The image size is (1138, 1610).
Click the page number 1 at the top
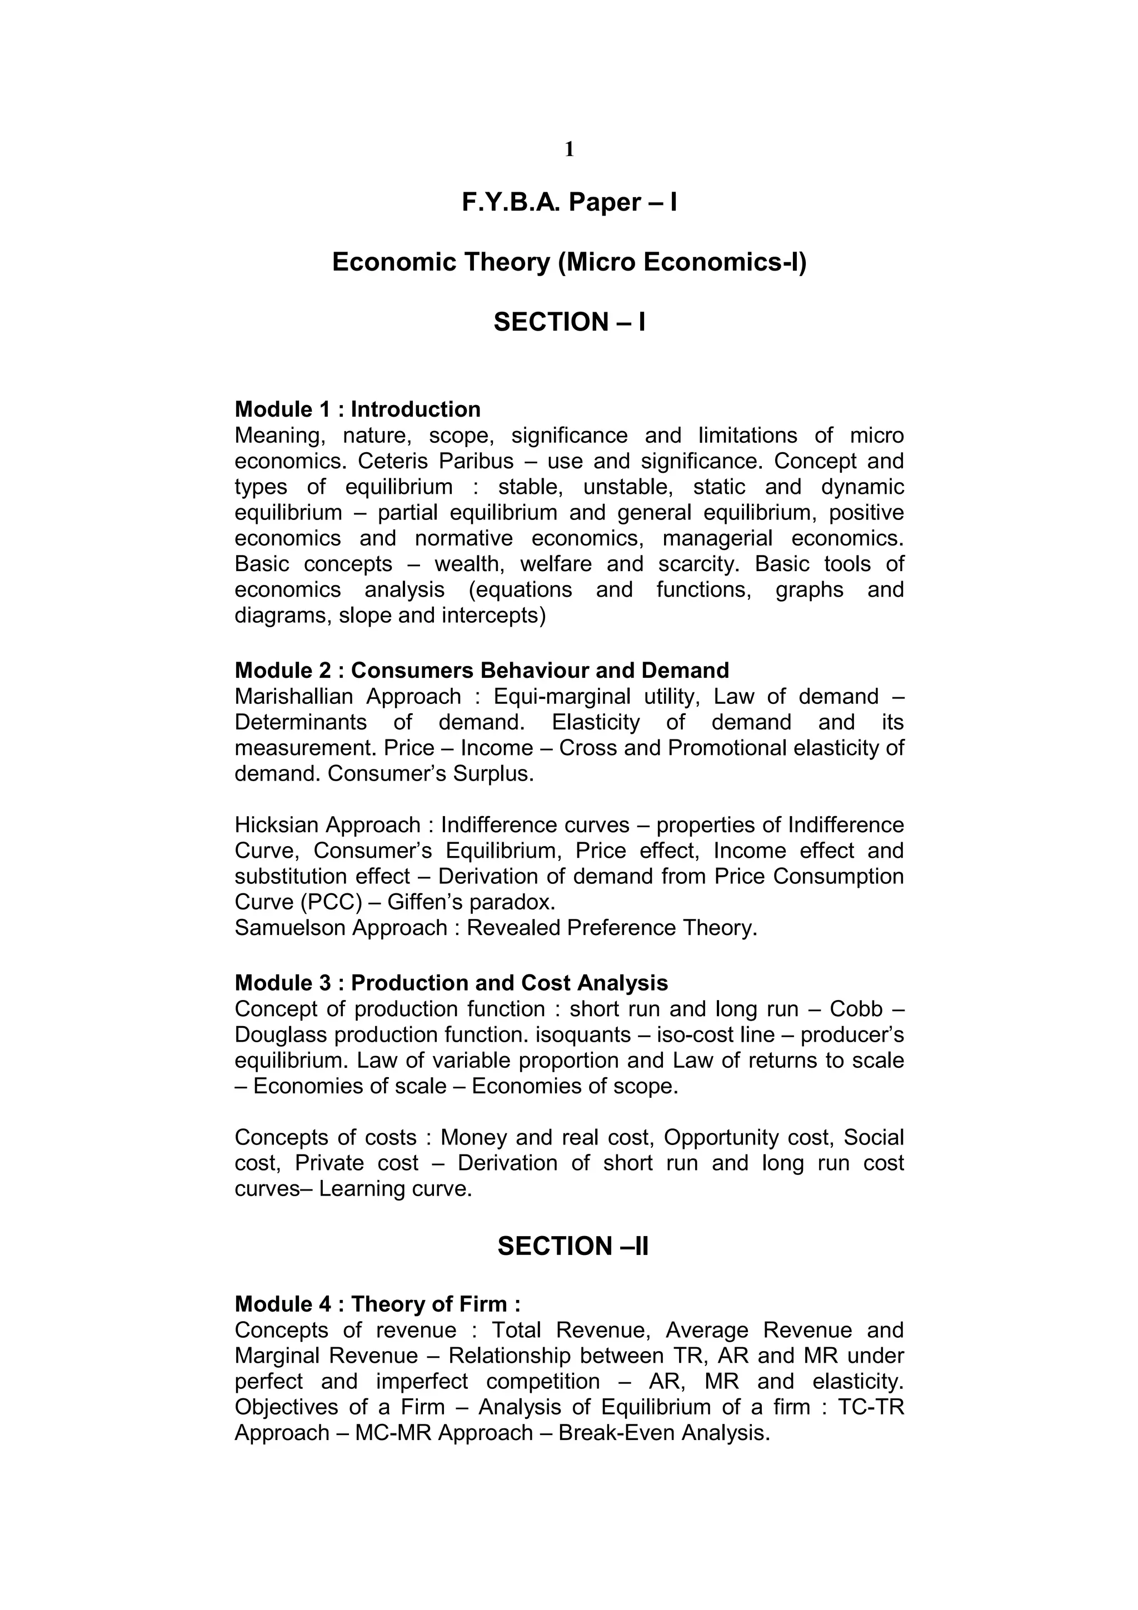tap(568, 149)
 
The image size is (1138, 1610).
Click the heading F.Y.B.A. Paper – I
tap(568, 202)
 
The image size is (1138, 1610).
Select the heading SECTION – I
tap(568, 322)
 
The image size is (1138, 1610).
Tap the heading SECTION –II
tap(572, 1246)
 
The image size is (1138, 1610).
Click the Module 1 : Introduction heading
tap(358, 409)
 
